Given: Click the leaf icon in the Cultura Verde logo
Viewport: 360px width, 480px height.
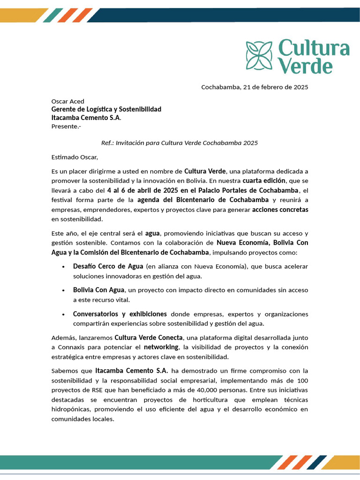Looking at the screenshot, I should (x=259, y=55).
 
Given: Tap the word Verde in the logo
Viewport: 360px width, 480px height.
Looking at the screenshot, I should (x=305, y=66).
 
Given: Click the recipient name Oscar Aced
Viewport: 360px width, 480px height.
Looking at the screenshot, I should (x=67, y=101).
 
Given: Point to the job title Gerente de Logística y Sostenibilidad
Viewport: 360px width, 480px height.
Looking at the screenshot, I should (x=106, y=109).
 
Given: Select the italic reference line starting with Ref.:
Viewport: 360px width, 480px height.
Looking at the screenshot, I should (x=180, y=142).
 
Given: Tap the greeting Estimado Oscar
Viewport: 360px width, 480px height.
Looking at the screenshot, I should (x=75, y=157).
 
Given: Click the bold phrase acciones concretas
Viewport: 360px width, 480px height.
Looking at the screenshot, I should (x=280, y=210).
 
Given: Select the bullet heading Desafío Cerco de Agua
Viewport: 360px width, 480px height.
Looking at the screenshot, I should (x=108, y=266).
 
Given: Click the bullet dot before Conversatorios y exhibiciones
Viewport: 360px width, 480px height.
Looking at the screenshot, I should (x=63, y=314).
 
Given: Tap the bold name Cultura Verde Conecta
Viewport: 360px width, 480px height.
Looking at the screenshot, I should (x=148, y=337).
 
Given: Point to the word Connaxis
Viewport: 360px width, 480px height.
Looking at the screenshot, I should (x=71, y=347).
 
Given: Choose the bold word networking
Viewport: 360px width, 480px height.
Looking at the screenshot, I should (x=161, y=347).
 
